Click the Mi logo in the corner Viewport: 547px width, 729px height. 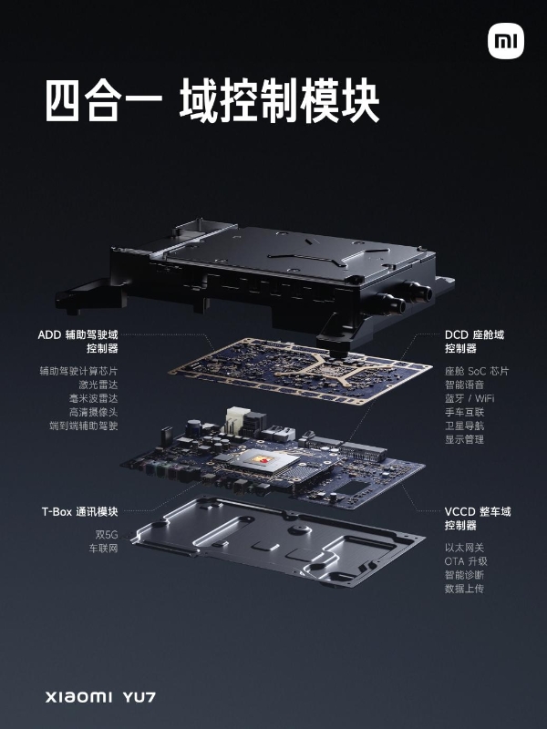pos(505,41)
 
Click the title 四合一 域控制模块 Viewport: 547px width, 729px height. pos(212,103)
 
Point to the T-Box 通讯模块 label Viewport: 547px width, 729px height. pos(78,510)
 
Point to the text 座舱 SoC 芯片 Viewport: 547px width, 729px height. pos(477,371)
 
